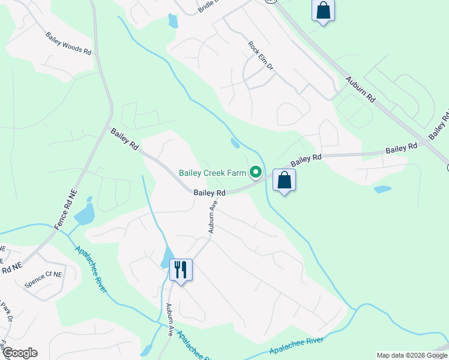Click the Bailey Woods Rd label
tap(68, 44)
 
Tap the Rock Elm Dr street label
tap(261, 56)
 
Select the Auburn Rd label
tap(360, 89)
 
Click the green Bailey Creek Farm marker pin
tap(256, 173)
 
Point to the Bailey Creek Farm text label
tap(212, 173)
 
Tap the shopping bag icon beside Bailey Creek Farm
tap(284, 180)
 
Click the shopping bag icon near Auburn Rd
tap(323, 10)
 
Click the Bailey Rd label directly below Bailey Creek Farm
tap(209, 193)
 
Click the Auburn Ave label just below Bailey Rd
tap(212, 217)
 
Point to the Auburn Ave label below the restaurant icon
tap(170, 319)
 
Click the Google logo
tap(19, 353)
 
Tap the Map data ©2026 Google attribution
tap(411, 355)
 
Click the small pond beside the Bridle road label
tap(173, 21)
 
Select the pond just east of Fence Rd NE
tap(86, 211)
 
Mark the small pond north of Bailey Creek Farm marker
tap(235, 143)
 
